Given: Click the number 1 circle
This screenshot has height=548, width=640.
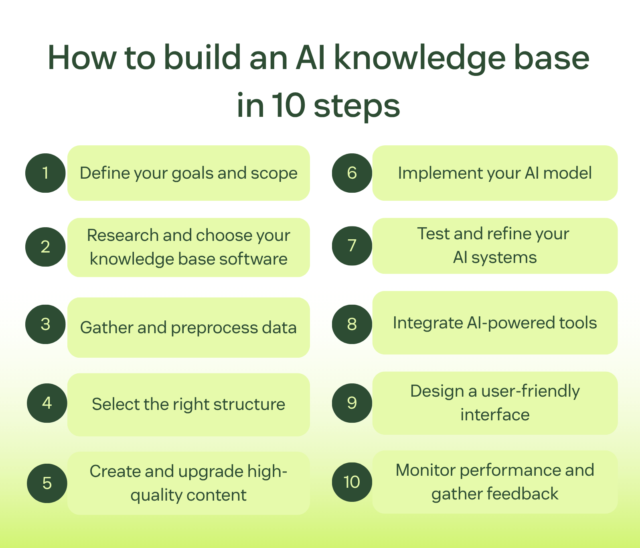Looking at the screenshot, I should click(45, 173).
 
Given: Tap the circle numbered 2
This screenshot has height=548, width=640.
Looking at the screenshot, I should click(45, 246).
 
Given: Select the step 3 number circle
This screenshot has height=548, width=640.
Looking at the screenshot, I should click(45, 324).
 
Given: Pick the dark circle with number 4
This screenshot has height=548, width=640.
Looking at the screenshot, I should click(47, 403).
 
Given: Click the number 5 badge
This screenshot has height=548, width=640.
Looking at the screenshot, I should click(47, 483).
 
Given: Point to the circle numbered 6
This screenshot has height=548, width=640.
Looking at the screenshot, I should click(352, 173).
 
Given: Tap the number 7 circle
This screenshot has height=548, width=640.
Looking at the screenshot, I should click(352, 245).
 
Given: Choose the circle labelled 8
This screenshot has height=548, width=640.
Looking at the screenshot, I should click(352, 324).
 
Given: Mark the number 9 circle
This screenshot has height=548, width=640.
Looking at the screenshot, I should click(352, 403).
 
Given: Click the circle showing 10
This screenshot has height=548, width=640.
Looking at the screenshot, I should click(352, 482).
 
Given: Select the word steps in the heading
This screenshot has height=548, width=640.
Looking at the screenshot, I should click(356, 106).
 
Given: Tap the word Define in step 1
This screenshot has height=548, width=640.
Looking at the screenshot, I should click(105, 173).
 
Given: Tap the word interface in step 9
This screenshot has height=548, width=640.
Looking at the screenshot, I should click(495, 415).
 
